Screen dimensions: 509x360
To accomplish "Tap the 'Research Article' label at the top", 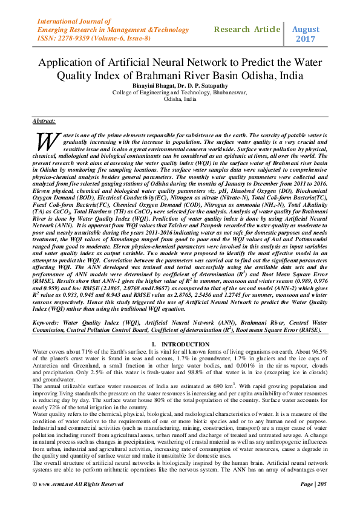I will coord(247,28).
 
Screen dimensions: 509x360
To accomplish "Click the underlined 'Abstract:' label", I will coord(44,122).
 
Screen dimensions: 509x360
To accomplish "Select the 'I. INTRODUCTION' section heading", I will coord(180,343).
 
